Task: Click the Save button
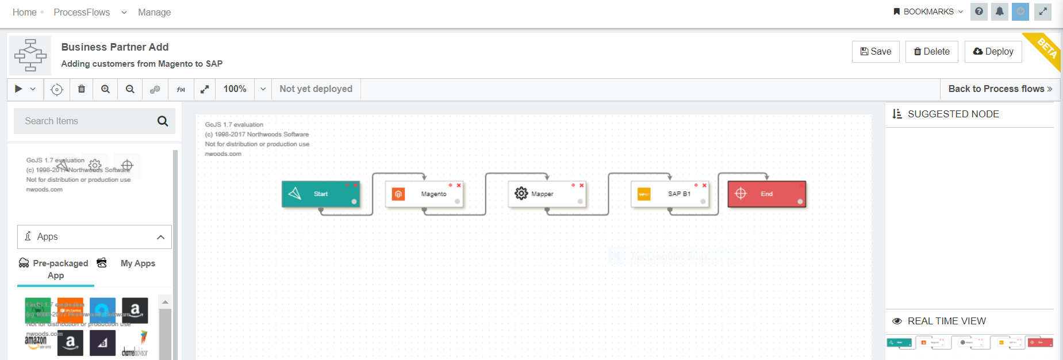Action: click(x=876, y=52)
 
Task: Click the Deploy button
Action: click(x=993, y=52)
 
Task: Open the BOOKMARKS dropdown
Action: click(x=928, y=12)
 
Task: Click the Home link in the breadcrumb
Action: click(x=25, y=12)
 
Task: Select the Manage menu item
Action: click(x=154, y=12)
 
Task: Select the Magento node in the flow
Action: click(x=425, y=194)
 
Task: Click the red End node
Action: click(x=766, y=194)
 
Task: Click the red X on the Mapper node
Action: click(x=582, y=185)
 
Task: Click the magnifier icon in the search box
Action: click(x=163, y=121)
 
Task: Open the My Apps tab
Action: click(x=137, y=263)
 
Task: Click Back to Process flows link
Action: click(x=1000, y=89)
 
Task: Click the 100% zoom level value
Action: click(x=235, y=89)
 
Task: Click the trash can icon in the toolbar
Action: click(x=82, y=89)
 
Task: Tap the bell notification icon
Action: click(x=1000, y=12)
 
